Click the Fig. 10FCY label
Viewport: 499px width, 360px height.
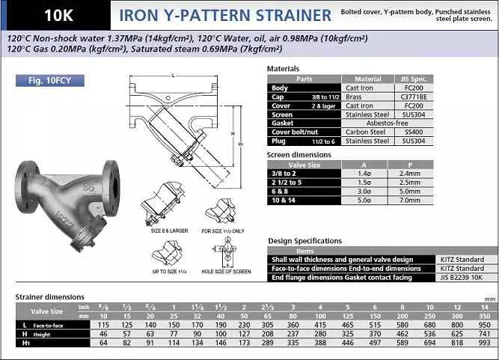click(x=49, y=80)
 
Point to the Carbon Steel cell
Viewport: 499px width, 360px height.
click(x=367, y=132)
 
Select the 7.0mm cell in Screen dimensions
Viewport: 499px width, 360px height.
click(x=411, y=201)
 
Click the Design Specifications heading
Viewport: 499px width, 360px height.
click(x=305, y=241)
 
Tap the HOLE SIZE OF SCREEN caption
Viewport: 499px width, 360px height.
click(x=226, y=271)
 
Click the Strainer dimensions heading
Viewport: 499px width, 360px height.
click(x=49, y=297)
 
